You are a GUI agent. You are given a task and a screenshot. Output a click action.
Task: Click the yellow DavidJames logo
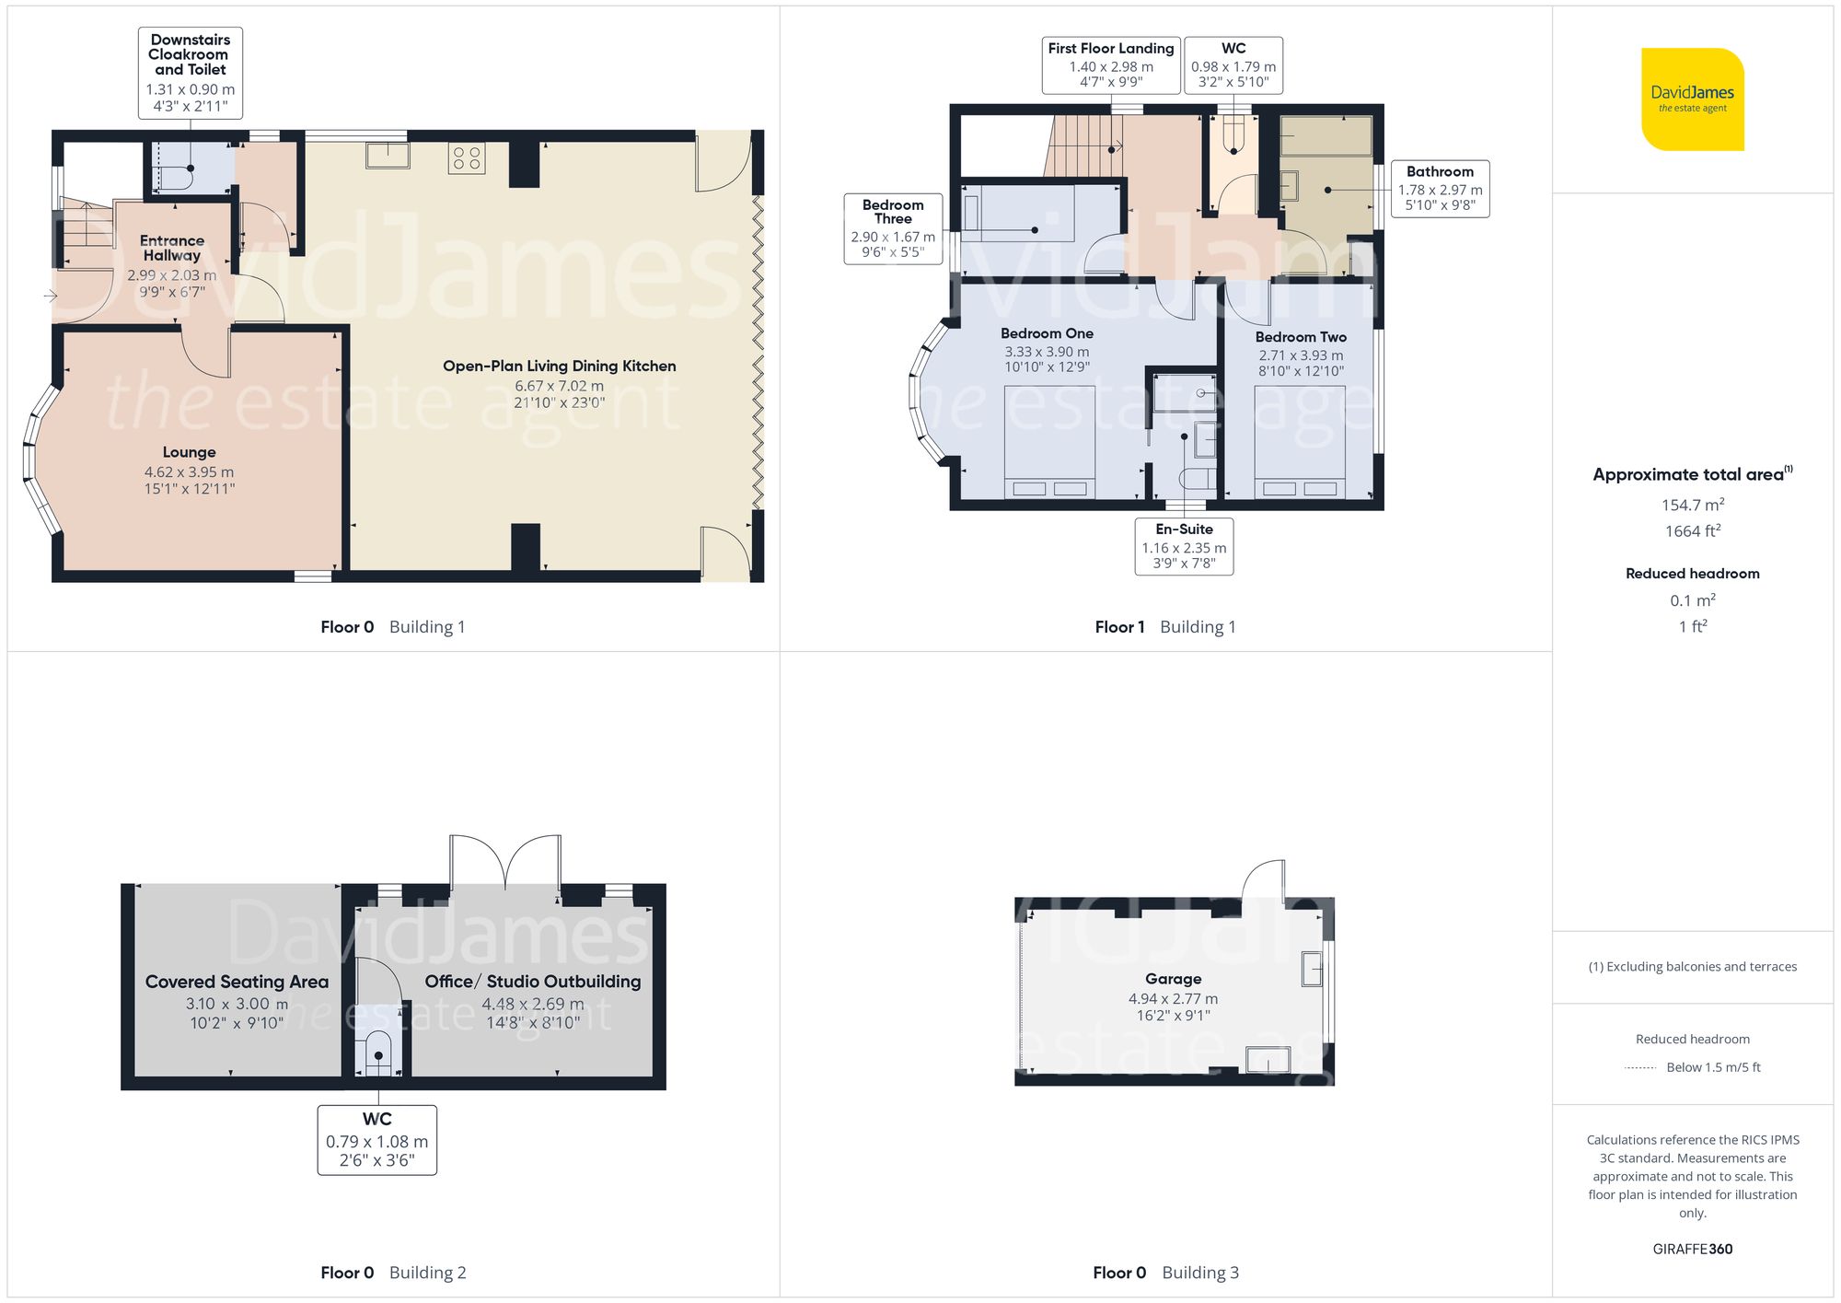[x=1692, y=99]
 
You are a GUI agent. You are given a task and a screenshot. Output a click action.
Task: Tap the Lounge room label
[x=189, y=452]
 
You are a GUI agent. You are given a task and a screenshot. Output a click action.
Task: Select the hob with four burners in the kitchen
[x=467, y=157]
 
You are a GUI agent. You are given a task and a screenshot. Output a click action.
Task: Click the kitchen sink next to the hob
[x=388, y=155]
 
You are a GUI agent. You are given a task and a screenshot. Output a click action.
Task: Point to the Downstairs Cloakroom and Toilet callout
[x=190, y=73]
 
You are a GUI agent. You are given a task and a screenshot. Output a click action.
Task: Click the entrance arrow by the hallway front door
[x=50, y=296]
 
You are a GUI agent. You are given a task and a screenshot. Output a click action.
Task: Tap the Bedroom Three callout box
[x=892, y=228]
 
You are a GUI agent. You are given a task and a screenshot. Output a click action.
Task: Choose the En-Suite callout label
[x=1184, y=546]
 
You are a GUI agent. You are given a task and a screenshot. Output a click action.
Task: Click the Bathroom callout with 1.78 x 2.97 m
[x=1440, y=188]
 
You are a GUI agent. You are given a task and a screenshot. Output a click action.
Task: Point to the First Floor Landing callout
[x=1110, y=64]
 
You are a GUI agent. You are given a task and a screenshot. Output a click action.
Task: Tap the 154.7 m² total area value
[x=1692, y=505]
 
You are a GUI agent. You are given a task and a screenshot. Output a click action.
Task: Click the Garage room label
[x=1173, y=979]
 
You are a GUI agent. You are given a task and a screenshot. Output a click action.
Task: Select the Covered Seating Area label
[x=237, y=982]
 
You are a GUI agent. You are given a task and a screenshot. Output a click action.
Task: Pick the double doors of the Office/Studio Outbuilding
[x=504, y=862]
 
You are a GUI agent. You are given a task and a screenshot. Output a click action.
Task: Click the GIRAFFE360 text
[x=1692, y=1249]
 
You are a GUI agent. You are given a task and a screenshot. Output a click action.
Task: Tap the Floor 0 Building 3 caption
[x=1165, y=1272]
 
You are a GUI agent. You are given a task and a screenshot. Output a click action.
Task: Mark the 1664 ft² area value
[x=1692, y=531]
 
